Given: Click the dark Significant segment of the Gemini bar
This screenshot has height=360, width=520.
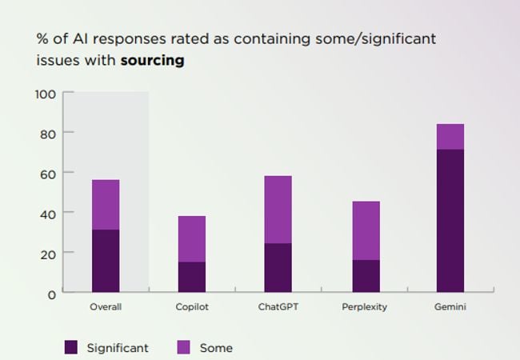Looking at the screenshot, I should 450,221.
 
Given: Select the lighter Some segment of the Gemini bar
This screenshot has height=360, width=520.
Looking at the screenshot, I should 450,137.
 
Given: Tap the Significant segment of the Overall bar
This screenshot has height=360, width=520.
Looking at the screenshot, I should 106,261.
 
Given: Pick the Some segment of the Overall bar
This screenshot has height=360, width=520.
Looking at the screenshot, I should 106,205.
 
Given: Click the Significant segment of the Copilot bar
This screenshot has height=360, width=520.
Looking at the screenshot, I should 191,277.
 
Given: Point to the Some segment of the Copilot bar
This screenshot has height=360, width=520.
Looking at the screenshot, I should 191,239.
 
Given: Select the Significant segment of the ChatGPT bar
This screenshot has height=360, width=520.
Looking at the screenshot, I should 278,268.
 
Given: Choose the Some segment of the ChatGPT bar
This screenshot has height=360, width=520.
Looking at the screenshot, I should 278,210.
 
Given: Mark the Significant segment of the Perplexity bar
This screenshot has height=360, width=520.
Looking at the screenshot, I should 366,276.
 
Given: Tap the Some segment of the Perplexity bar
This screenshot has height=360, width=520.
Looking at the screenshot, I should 366,230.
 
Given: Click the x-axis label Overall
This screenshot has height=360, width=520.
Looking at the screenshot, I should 106,306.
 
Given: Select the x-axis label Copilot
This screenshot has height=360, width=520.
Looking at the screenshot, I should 191,306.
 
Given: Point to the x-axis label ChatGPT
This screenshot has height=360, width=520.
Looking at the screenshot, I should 278,306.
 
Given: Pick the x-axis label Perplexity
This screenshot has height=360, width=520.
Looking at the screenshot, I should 366,306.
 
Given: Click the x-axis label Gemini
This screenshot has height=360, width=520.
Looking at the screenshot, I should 450,306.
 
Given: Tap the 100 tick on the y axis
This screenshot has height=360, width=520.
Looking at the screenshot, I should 46,94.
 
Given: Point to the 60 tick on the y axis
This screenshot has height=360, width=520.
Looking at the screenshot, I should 48,174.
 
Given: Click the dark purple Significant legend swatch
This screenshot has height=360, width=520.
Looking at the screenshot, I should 71,347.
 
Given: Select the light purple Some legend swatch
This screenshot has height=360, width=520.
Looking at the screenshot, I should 183,347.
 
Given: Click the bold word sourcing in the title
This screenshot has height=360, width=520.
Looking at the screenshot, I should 152,60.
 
